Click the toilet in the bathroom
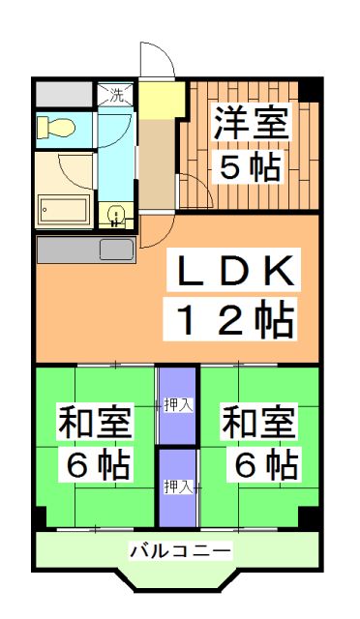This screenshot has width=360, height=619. click(56, 127)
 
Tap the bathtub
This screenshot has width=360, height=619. click(64, 208)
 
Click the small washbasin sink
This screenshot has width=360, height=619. click(115, 214)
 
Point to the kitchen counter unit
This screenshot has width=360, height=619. click(85, 249)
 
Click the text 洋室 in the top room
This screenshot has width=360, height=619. click(250, 125)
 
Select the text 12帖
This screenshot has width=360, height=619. click(233, 319)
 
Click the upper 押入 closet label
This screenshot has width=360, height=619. click(176, 403)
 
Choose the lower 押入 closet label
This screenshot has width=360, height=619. click(176, 485)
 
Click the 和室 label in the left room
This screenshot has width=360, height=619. click(95, 423)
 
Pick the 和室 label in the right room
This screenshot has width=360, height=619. click(259, 423)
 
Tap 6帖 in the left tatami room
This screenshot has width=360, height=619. click(95, 466)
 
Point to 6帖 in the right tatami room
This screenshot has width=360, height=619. click(259, 466)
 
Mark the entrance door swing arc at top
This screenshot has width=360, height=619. click(157, 62)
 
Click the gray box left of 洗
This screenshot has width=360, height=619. click(65, 95)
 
